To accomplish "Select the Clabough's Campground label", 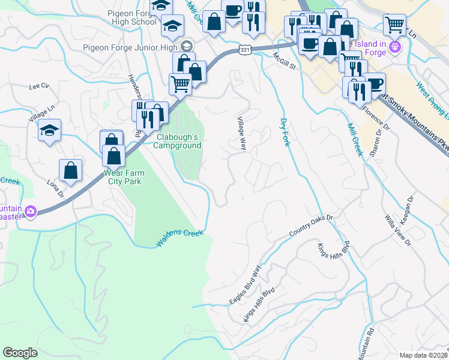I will coord(178,140).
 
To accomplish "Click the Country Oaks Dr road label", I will coord(310,225).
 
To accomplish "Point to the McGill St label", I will coord(285,61).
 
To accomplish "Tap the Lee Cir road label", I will coord(38,86).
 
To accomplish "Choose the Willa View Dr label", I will coord(399,229).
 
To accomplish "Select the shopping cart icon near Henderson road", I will coord(180,84).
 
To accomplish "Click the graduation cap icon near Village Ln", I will coord(49,130).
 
